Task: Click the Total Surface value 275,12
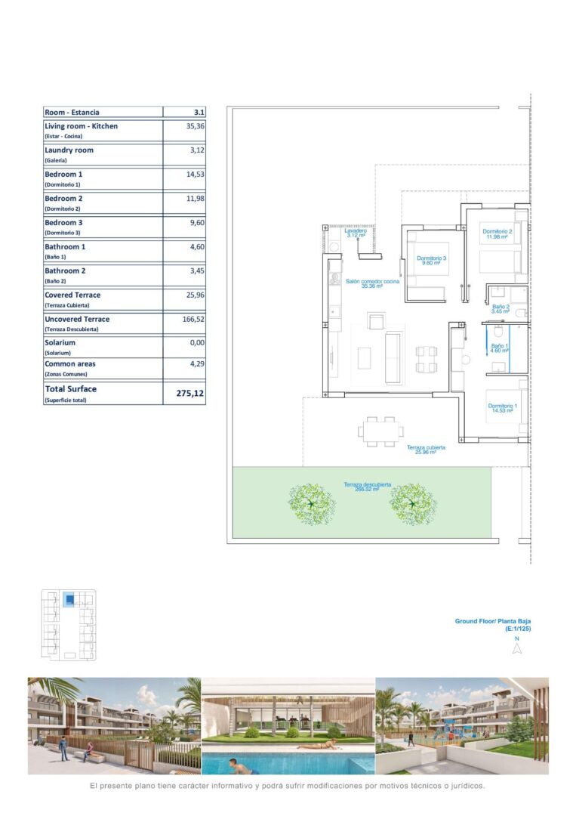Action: point(189,394)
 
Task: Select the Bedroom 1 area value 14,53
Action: point(196,175)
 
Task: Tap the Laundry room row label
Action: point(69,150)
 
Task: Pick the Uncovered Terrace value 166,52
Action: point(193,319)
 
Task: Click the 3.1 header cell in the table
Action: point(199,112)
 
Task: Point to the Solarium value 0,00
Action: point(197,342)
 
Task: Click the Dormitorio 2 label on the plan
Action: point(497,233)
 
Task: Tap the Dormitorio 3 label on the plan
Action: point(431,260)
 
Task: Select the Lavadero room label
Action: point(356,233)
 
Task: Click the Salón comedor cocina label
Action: point(372,283)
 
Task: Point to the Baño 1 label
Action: point(499,348)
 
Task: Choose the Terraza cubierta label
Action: point(426,450)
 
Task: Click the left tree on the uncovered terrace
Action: point(311,504)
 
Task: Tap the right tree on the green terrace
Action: point(413,504)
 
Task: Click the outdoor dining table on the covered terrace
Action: point(380,431)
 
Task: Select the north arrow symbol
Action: point(516,648)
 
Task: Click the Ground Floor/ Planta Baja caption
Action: point(493,621)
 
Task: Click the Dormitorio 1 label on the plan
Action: point(502,408)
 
